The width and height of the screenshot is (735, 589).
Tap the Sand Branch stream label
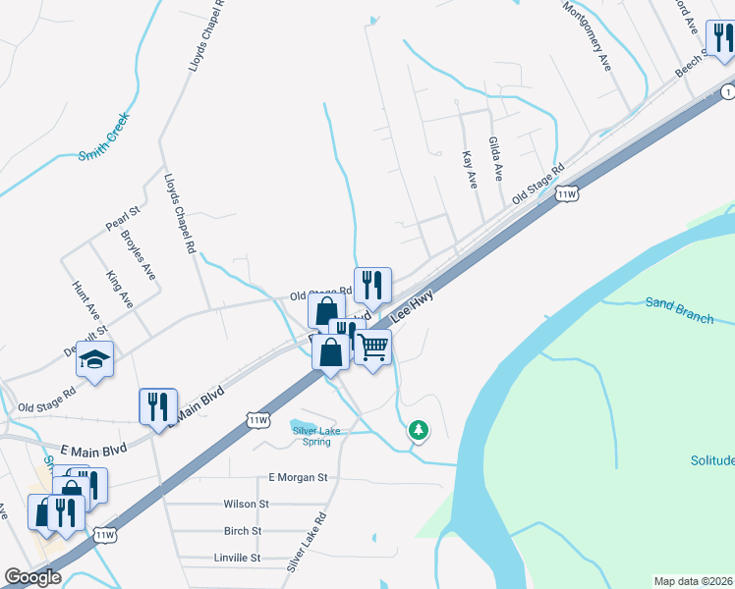tap(679, 308)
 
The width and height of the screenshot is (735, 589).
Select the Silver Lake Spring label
tap(311, 433)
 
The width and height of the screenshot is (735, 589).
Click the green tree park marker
tap(420, 429)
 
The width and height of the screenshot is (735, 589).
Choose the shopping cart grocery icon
tap(372, 347)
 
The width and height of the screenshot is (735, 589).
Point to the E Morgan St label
tap(298, 477)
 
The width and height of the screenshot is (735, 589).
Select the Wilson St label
tap(246, 504)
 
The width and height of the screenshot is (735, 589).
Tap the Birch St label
tap(243, 530)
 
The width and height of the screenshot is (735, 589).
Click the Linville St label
tap(237, 557)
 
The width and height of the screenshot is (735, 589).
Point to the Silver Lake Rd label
tap(306, 541)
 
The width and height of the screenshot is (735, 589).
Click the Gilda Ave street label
tap(496, 158)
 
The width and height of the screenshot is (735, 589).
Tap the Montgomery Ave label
tap(587, 34)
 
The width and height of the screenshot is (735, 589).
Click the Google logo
tap(33, 577)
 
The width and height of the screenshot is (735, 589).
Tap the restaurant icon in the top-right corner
tap(721, 38)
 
